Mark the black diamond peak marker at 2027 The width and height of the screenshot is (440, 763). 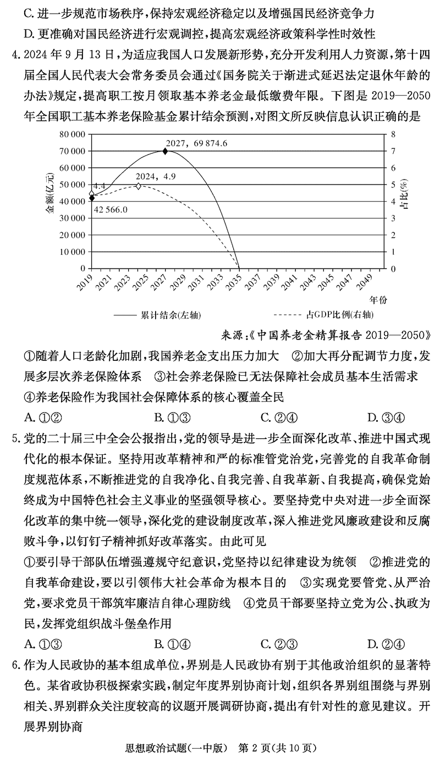tap(166, 151)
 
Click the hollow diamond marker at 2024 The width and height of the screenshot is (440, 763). tap(138, 186)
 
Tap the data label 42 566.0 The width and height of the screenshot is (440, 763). tap(110, 209)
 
